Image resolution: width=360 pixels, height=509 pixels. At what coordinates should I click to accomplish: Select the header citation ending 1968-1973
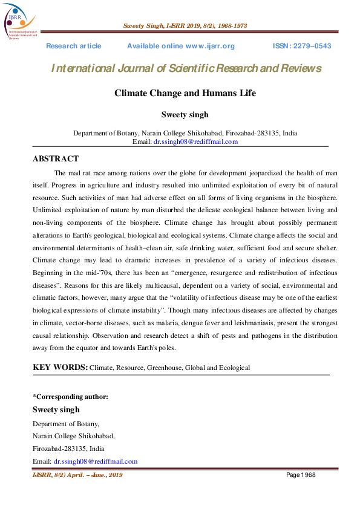[x=185, y=26]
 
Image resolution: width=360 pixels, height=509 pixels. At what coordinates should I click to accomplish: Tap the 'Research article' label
[x=74, y=46]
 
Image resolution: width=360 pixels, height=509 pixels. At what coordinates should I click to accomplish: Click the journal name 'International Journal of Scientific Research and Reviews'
[x=186, y=68]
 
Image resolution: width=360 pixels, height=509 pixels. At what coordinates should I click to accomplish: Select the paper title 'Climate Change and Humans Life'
[x=185, y=93]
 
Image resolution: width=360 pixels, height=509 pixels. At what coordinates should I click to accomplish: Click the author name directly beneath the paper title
[x=185, y=115]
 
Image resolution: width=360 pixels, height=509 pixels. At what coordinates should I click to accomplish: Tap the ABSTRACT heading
[x=55, y=159]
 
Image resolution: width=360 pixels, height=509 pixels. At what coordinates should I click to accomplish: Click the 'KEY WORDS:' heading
[x=60, y=367]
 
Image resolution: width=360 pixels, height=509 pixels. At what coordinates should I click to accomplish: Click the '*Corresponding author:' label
[x=70, y=397]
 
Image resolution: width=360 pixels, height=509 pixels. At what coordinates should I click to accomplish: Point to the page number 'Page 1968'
[x=301, y=475]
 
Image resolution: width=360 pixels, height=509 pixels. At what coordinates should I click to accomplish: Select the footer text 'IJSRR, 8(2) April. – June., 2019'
[x=77, y=475]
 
